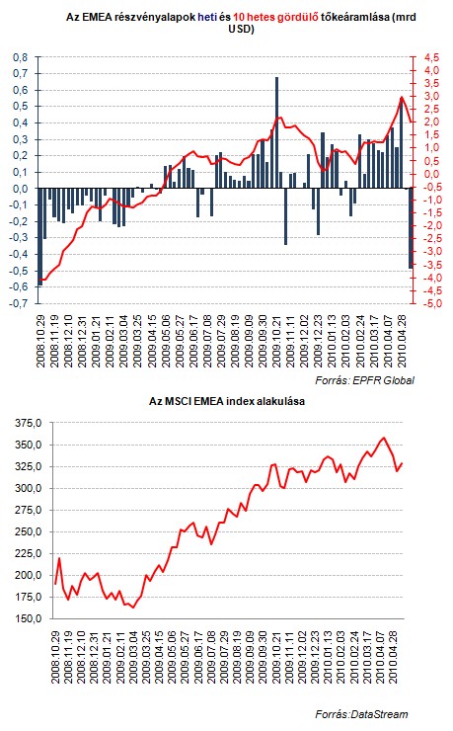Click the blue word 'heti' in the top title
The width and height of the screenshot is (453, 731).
207,17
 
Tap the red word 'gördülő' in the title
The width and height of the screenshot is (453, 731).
298,17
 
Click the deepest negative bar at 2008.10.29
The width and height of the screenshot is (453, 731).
40,237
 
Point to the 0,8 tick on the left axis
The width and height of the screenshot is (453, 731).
20,57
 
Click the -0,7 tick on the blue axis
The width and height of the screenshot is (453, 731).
19,303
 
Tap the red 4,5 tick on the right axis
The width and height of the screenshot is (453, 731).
431,57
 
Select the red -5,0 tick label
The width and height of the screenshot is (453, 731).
430,303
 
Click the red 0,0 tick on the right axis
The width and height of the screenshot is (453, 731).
431,175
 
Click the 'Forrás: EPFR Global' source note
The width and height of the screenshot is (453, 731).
364,380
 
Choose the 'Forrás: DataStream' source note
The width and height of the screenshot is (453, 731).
362,714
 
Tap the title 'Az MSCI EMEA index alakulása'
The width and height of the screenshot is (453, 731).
227,401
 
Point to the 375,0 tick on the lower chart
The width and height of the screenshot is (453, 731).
29,423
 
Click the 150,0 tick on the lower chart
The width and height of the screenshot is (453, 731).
29,618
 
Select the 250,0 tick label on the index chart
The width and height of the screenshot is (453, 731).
29,531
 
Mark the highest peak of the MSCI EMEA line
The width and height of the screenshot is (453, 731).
384,438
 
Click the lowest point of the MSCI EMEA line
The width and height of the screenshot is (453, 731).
133,608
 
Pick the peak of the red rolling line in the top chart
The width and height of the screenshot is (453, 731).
402,97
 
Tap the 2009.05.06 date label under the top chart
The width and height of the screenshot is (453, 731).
167,341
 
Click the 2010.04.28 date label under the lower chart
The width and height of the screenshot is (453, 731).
394,657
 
